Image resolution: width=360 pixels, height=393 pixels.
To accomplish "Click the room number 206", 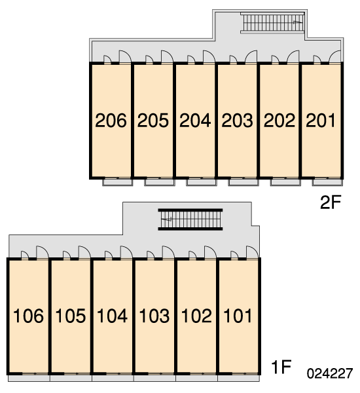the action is [x=111, y=121].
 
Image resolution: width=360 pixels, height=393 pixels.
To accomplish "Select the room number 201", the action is [x=321, y=121].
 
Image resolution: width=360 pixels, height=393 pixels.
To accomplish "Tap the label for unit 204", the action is [x=195, y=121].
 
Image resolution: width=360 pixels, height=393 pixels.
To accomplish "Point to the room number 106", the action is [x=28, y=316].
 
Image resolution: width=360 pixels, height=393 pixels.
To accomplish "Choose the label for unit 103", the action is [x=154, y=316].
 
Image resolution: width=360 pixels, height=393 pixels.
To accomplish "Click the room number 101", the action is [x=238, y=316].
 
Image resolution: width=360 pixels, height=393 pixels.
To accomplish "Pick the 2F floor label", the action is [x=331, y=202].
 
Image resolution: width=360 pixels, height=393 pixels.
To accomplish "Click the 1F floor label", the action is [x=281, y=367].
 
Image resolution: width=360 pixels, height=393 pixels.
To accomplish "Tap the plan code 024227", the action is [x=330, y=373].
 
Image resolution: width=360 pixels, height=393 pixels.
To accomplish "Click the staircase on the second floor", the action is [x=272, y=23].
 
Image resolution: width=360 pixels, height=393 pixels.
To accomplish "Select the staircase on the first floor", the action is [x=190, y=219].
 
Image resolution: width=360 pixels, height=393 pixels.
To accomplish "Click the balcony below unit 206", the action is [x=118, y=182].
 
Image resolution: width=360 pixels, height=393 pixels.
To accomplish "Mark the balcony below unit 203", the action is [x=243, y=182].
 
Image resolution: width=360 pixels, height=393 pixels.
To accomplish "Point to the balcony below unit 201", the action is [x=327, y=182].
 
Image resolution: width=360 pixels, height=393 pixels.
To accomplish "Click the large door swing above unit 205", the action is [x=167, y=56].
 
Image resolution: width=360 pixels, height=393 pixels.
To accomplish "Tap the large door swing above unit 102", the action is [x=210, y=252].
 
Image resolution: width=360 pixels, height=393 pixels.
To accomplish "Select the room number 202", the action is [x=279, y=121].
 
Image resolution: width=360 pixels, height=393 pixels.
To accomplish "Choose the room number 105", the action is [x=71, y=316].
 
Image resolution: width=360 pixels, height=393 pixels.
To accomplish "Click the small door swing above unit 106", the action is [x=25, y=254].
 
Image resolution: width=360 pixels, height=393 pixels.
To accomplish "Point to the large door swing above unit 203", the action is [x=251, y=56].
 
